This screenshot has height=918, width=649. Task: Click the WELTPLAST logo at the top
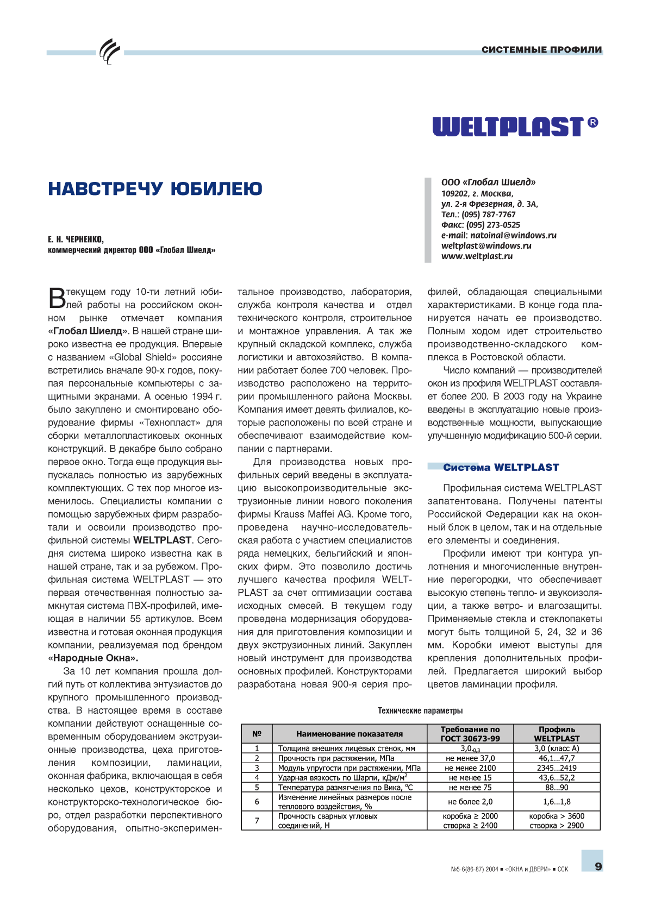click(508, 127)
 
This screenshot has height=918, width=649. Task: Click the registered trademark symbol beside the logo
click(593, 122)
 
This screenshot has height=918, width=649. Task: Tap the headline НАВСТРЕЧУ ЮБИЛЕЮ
click(155, 189)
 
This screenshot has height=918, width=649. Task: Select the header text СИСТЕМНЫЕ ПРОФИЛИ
click(541, 50)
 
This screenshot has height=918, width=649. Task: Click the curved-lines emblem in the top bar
click(109, 52)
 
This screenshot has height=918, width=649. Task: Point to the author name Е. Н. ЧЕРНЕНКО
click(76, 239)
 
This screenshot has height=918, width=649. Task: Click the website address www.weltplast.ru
click(477, 256)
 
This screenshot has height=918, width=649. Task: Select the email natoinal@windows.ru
click(513, 235)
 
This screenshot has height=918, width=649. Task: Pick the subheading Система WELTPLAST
click(501, 468)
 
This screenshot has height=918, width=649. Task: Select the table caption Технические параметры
click(420, 710)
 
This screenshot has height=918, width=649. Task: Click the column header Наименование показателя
click(350, 734)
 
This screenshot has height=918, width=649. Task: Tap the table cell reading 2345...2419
click(557, 768)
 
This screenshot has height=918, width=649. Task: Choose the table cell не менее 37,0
click(470, 758)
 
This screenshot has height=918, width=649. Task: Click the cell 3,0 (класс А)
click(557, 749)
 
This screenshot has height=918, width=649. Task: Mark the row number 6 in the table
click(257, 802)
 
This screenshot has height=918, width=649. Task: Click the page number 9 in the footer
click(598, 866)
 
